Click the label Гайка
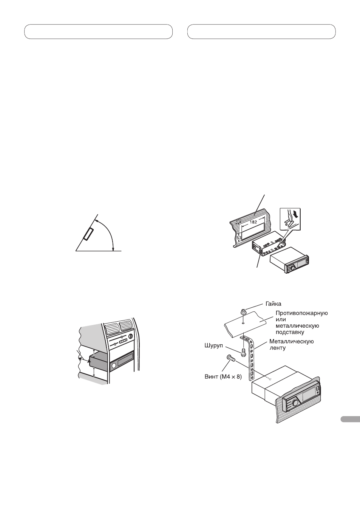[x=273, y=304]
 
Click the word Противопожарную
[x=301, y=313]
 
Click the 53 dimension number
[x=239, y=238]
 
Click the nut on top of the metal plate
[x=243, y=313]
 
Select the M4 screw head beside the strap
[x=229, y=358]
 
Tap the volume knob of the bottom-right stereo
[x=294, y=403]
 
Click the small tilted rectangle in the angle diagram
[x=89, y=234]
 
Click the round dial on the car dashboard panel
[x=131, y=336]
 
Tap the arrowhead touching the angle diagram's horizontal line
[x=113, y=248]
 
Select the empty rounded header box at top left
[x=98, y=32]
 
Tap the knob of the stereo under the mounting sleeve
[x=291, y=269]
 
